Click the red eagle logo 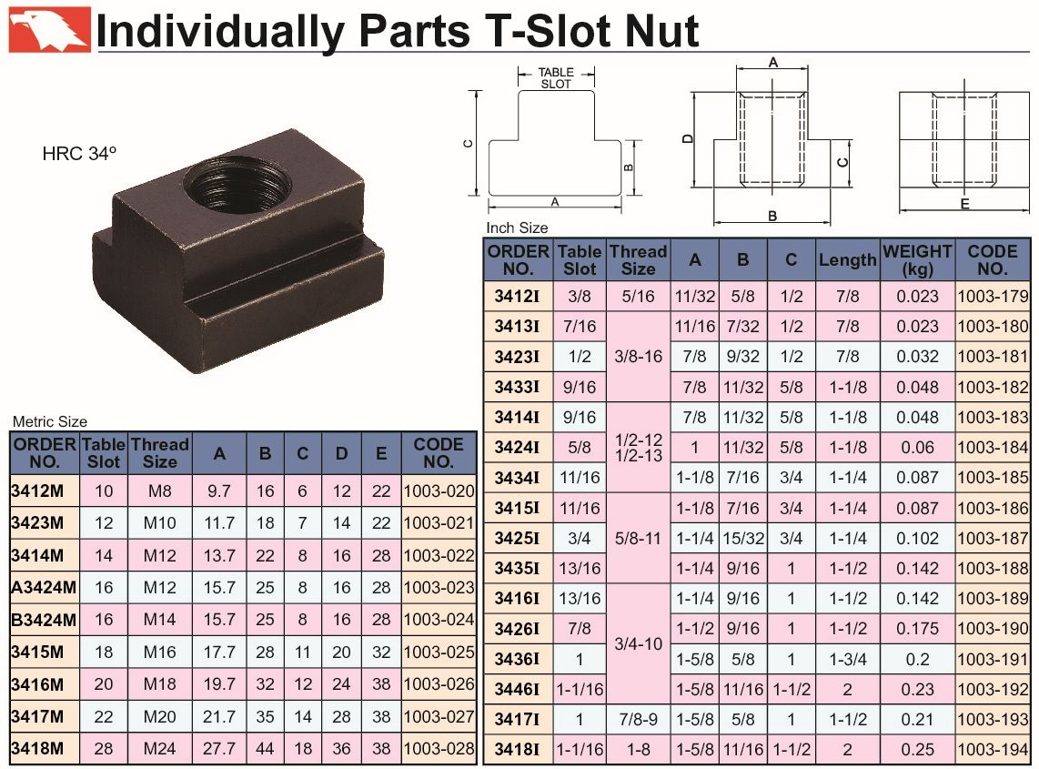tap(49, 29)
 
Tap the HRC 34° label tap(79, 154)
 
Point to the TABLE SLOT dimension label tap(555, 78)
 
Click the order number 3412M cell tap(38, 491)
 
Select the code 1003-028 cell tap(439, 748)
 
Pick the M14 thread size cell tap(160, 620)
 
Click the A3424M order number tap(44, 587)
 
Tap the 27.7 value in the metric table tap(219, 748)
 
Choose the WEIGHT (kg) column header tap(917, 260)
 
